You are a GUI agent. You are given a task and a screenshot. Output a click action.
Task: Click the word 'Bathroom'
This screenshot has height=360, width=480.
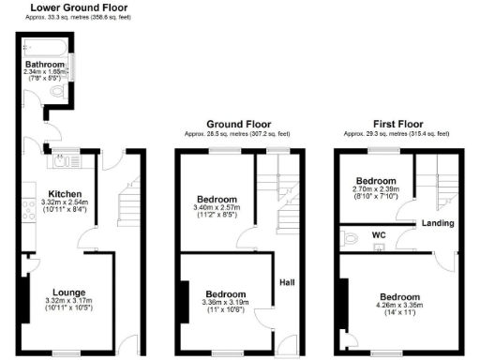pyautogui.click(x=44, y=64)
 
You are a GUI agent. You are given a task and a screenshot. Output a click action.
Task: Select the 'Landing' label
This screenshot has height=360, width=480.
pyautogui.click(x=438, y=223)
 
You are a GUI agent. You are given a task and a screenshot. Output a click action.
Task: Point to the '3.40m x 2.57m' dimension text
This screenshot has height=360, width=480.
pyautogui.click(x=216, y=207)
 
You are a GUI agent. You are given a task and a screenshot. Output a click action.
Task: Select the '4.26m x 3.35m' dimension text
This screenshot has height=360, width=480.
pyautogui.click(x=394, y=305)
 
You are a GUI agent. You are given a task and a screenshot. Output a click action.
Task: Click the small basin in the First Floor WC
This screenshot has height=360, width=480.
pyautogui.click(x=380, y=247)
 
